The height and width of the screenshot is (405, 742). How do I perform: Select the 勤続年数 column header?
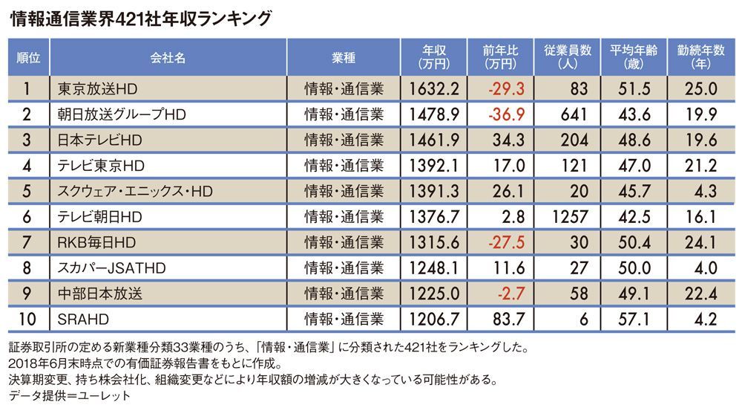click(700, 57)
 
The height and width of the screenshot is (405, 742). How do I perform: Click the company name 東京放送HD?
click(96, 89)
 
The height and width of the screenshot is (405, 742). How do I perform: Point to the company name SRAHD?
click(80, 320)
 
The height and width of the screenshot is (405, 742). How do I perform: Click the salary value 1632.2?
click(435, 89)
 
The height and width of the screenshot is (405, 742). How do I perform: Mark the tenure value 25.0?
click(701, 89)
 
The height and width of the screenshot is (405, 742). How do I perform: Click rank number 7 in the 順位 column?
click(27, 242)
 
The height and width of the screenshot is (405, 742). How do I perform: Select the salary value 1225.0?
click(435, 294)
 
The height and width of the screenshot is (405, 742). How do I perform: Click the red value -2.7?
click(510, 294)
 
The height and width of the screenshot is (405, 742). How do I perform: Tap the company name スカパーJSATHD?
click(111, 268)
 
